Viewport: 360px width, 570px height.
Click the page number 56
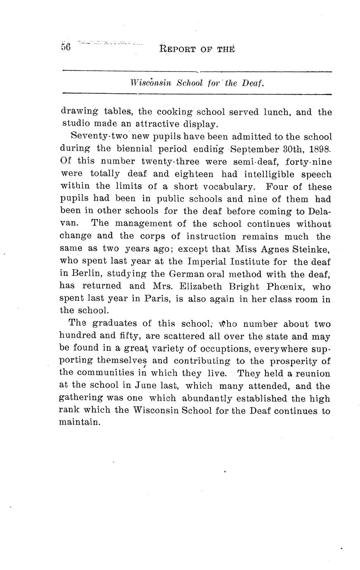[x=66, y=46]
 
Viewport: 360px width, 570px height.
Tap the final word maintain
[x=80, y=423]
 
